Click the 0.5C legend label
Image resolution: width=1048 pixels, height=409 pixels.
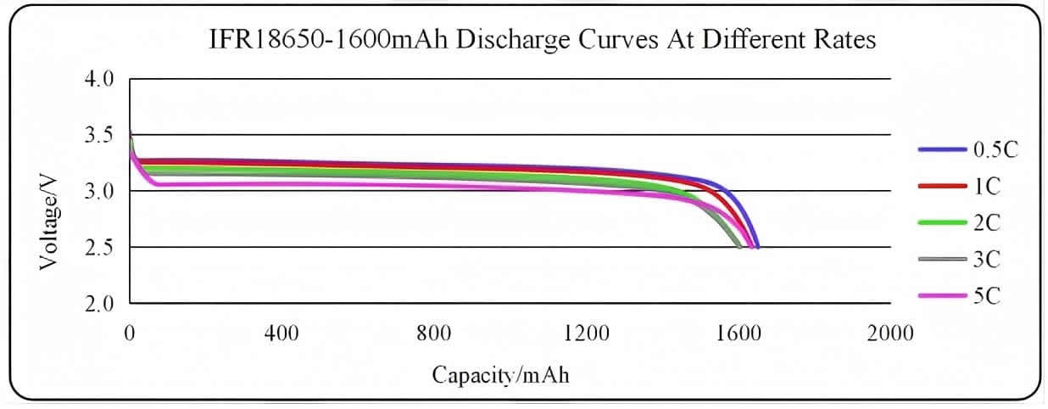(995, 149)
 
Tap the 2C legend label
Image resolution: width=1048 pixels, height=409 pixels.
(987, 222)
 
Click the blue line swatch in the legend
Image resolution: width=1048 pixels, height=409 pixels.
(942, 149)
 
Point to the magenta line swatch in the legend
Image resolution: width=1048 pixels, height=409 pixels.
(942, 295)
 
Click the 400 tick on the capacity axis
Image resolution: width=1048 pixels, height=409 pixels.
(282, 333)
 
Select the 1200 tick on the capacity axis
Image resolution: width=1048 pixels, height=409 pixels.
(586, 333)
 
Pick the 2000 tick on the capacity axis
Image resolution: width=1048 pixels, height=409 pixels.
(890, 333)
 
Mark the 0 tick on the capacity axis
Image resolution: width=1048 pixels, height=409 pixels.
(130, 333)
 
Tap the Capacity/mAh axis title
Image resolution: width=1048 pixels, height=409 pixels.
(500, 374)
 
